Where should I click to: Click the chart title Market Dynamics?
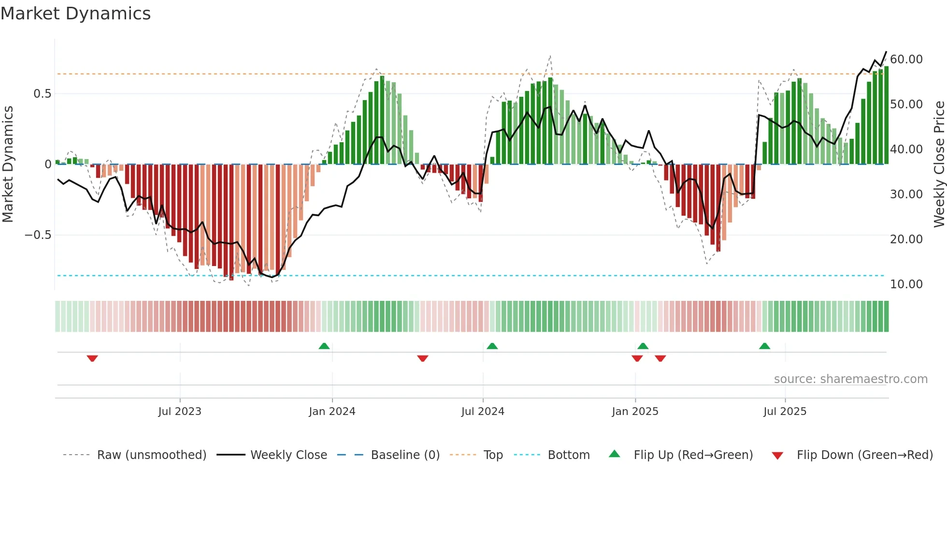coord(75,14)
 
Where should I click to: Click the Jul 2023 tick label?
coord(180,411)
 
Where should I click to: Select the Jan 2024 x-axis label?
coord(332,411)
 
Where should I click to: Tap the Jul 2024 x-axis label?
coord(483,411)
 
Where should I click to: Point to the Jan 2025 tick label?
coord(635,411)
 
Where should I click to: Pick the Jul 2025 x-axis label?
coord(785,411)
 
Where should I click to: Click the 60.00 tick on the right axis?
coord(906,59)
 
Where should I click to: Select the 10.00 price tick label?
coord(906,284)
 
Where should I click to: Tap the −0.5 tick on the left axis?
coord(38,235)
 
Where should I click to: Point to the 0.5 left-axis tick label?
coord(42,93)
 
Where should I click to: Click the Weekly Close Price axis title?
coord(939,164)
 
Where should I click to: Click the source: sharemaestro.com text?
coord(850,379)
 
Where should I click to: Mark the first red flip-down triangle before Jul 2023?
coord(92,358)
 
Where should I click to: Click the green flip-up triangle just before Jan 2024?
coord(324,346)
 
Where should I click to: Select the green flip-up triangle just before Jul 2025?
coord(764,346)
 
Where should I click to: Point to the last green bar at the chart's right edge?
coord(886,116)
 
